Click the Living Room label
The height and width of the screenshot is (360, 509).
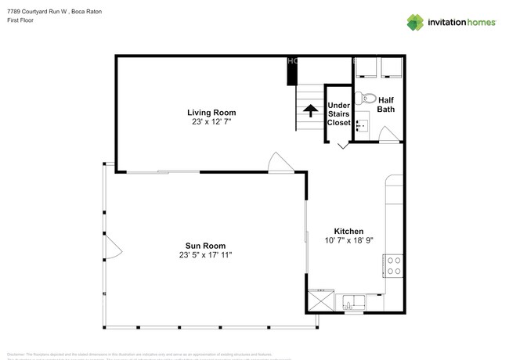click(211, 112)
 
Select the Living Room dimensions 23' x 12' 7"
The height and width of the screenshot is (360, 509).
click(211, 122)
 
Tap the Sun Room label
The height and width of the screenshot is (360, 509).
click(205, 245)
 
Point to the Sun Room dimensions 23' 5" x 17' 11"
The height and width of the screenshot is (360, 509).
click(205, 255)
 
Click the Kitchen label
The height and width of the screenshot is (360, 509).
click(348, 231)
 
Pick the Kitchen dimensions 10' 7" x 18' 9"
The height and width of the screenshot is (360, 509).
click(348, 241)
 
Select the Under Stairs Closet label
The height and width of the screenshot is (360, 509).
click(338, 113)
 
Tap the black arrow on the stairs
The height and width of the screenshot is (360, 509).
click(310, 110)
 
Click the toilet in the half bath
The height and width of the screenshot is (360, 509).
click(364, 99)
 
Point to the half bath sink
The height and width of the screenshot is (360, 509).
click(361, 123)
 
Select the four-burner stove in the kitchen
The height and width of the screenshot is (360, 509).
click(394, 266)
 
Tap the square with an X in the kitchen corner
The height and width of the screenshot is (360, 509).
click(319, 301)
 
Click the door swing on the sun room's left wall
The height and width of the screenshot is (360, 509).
click(113, 248)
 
